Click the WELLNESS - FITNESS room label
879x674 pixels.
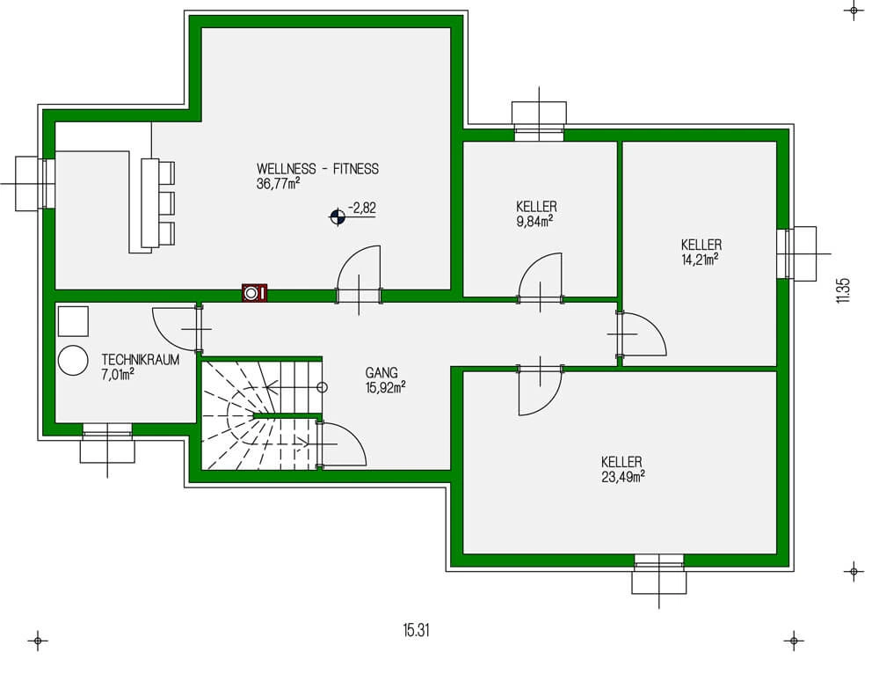pos(317,169)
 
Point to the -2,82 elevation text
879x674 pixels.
pos(361,208)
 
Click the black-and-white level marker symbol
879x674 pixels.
pos(337,216)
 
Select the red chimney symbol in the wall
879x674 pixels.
pos(255,293)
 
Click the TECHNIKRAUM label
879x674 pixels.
pos(141,360)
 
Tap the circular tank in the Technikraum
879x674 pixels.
pos(72,360)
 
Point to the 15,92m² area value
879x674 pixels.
pos(385,386)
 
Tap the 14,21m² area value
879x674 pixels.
pos(701,259)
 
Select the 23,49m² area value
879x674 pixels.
pos(622,476)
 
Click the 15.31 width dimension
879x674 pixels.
pos(416,631)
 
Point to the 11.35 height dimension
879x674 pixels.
pos(843,291)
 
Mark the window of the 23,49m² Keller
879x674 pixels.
pos(659,564)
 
